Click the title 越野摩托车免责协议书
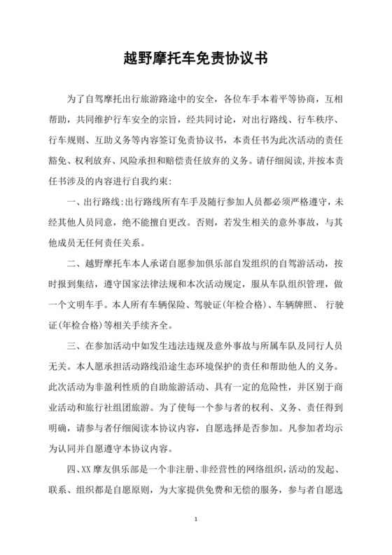pyautogui.click(x=196, y=56)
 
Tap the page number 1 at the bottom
pyautogui.click(x=197, y=520)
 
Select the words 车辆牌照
pyautogui.click(x=280, y=304)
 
